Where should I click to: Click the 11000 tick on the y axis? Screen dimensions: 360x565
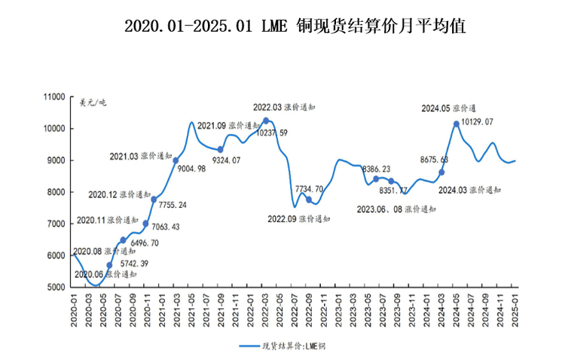coord(56,97)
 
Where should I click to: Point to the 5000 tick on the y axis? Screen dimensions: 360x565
coord(59,287)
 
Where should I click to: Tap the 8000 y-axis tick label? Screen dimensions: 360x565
coord(59,192)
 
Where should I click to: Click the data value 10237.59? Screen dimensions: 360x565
coord(278,133)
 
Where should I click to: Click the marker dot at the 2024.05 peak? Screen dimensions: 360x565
coord(457,124)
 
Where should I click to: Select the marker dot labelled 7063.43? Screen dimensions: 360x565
coord(145,224)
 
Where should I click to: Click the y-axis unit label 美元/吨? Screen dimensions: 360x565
coord(93,103)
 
